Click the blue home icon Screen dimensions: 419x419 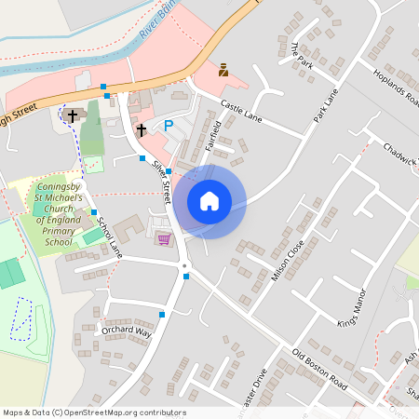coord(209,201)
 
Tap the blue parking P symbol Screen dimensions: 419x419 coord(169,125)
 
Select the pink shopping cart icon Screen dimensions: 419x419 coord(164,239)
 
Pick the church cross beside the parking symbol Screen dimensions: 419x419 coord(142,129)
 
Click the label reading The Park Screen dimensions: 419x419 coord(300,55)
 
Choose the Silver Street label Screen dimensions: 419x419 coord(161,180)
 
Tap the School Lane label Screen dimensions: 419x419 coord(109,238)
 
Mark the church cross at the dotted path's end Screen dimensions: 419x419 coord(74,115)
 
